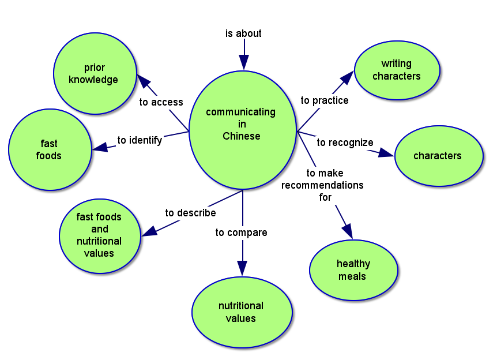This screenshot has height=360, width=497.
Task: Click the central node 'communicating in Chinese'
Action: (242, 125)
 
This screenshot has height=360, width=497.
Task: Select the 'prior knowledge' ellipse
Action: (95, 73)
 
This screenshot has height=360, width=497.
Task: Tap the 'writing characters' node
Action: (397, 70)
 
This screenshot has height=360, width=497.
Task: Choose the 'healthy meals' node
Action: (353, 270)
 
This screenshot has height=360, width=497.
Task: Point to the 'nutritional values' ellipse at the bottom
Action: (242, 312)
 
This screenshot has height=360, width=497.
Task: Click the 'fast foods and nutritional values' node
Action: (100, 235)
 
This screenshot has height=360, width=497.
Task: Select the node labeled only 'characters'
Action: (438, 156)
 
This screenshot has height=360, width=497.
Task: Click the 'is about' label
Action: (243, 33)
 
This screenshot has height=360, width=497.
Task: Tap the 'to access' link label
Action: (161, 102)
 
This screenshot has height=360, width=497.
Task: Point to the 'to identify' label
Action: (140, 140)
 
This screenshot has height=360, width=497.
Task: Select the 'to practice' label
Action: (325, 100)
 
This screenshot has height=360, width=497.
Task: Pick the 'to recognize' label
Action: (345, 142)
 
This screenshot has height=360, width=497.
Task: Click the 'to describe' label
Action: (190, 213)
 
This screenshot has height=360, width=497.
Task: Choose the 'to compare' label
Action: (241, 232)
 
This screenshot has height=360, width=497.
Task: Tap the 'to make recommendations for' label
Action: (323, 185)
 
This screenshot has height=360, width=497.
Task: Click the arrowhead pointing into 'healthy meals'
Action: (347, 230)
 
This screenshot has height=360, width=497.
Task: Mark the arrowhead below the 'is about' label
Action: (244, 62)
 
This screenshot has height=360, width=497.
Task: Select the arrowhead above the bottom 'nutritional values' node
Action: (242, 268)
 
